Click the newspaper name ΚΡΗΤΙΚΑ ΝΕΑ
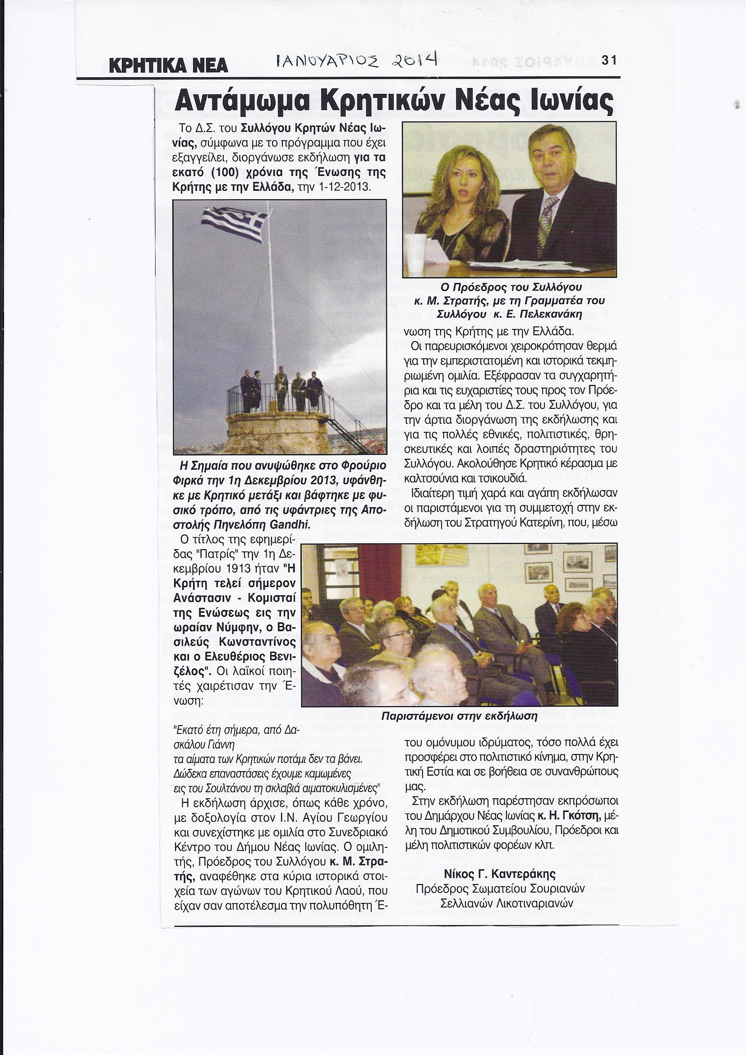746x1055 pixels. (x=168, y=65)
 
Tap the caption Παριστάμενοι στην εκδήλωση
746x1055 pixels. (x=459, y=715)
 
